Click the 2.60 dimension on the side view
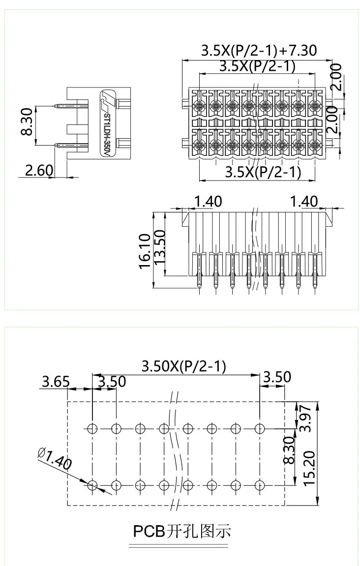(x=38, y=170)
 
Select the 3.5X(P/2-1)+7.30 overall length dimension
(x=259, y=51)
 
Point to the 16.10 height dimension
(x=145, y=251)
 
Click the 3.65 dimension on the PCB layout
(x=56, y=382)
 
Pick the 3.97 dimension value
(x=305, y=418)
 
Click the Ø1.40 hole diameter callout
(x=54, y=457)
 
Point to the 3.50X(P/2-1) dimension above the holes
(x=183, y=366)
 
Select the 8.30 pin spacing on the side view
(x=27, y=122)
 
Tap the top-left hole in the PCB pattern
(x=92, y=428)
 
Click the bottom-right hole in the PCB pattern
(x=260, y=485)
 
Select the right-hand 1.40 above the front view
(x=304, y=202)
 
